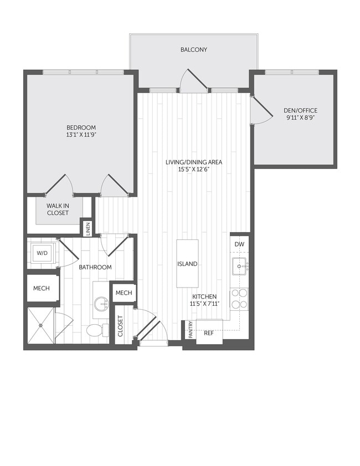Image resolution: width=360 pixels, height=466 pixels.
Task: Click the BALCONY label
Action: point(194,50)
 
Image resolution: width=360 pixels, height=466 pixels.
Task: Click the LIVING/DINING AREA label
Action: point(194,162)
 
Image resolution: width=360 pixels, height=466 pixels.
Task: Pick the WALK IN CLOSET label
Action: point(58,209)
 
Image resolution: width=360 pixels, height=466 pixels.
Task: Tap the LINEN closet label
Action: point(88,228)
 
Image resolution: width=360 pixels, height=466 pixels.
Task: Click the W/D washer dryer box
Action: point(42,253)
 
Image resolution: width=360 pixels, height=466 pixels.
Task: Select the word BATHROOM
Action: point(95,267)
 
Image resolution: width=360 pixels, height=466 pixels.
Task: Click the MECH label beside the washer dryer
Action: point(42,288)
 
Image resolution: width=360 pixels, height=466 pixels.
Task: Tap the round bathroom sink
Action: point(101,303)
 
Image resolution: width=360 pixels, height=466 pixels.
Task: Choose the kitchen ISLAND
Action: point(187,264)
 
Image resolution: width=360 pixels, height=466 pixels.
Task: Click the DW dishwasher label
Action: point(239,244)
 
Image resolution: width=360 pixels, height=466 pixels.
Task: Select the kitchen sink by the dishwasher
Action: point(240,266)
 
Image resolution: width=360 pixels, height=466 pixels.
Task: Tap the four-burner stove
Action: point(239,299)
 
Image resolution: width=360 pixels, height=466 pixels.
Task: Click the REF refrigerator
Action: point(209,333)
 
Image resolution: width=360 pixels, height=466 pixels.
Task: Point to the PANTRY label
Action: point(191,329)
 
